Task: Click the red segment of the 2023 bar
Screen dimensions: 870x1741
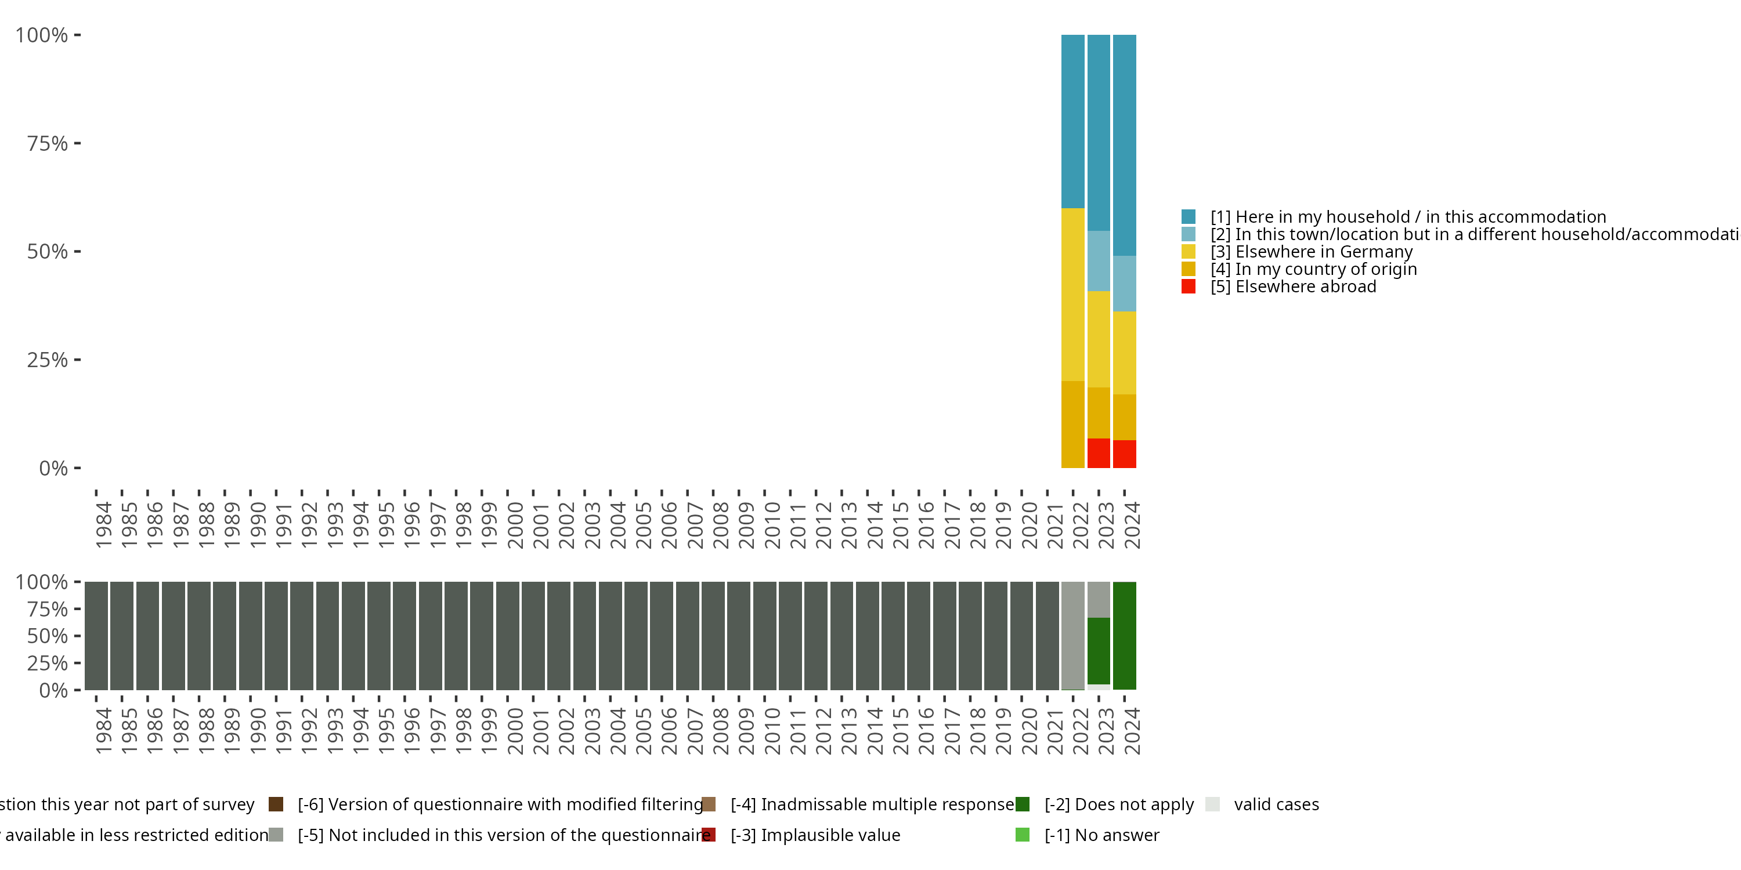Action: click(x=1098, y=453)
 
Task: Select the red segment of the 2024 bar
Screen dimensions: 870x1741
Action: click(x=1124, y=454)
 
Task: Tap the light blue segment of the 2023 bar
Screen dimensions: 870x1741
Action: click(x=1098, y=261)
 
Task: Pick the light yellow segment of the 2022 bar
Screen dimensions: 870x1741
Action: click(x=1072, y=295)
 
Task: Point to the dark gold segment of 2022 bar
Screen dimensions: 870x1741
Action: click(x=1072, y=424)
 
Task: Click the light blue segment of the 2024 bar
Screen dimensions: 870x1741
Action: click(x=1124, y=284)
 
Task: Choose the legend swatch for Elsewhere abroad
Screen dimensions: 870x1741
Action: click(x=1188, y=287)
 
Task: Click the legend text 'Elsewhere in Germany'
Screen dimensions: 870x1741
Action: click(x=1323, y=252)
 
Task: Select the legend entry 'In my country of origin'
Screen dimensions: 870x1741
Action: click(x=1325, y=270)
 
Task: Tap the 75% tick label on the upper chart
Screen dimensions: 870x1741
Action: click(x=48, y=143)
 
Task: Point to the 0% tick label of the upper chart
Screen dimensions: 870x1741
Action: click(x=53, y=468)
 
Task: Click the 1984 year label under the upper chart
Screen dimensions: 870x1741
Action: click(x=103, y=525)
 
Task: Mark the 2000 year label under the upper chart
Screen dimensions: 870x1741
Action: click(x=514, y=525)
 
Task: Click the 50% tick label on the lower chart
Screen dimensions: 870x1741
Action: click(x=48, y=636)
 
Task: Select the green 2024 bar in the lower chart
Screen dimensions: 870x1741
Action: click(x=1124, y=636)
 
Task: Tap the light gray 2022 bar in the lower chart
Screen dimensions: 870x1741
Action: click(x=1072, y=636)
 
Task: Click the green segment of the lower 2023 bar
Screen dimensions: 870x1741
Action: click(x=1098, y=651)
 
